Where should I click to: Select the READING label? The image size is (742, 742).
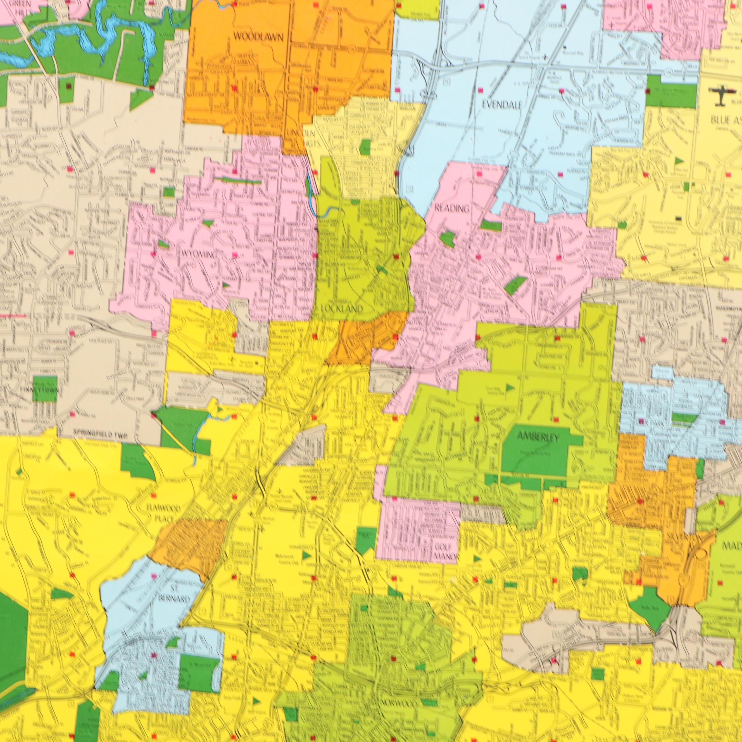tap(452, 208)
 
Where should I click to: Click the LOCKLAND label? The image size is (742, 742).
tap(338, 308)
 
